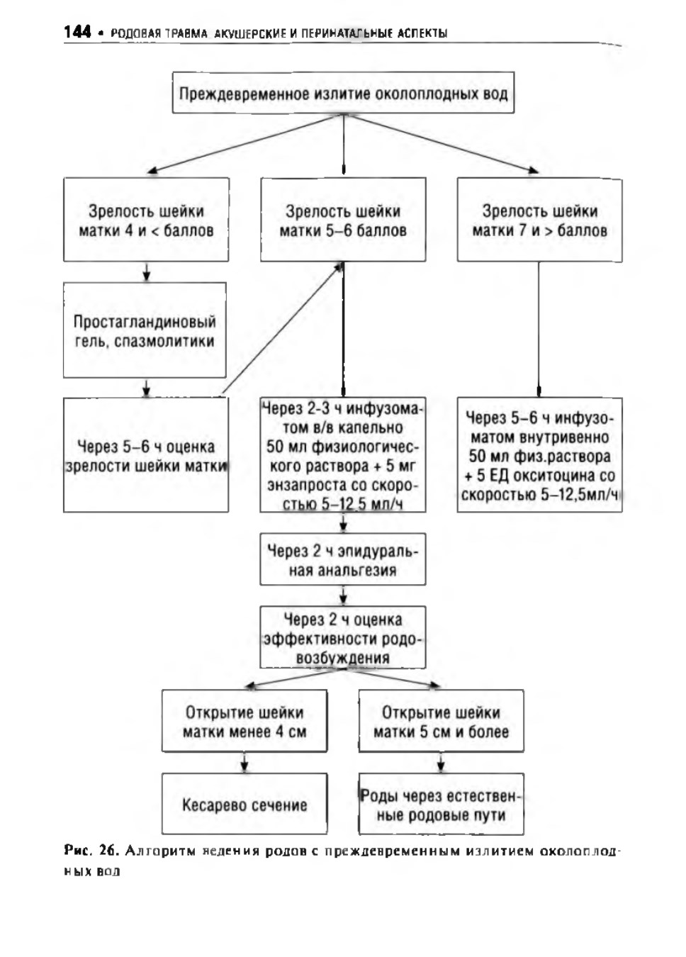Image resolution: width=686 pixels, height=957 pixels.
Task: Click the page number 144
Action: [77, 32]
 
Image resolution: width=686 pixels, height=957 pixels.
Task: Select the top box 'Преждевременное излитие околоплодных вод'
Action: [343, 93]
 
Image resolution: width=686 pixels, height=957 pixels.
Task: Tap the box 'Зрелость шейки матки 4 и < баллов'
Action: [146, 220]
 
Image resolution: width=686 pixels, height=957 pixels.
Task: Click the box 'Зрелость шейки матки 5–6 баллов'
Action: [343, 220]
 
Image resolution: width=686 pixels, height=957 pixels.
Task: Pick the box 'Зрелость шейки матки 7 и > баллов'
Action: [539, 220]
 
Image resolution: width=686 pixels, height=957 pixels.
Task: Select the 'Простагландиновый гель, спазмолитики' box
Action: [145, 330]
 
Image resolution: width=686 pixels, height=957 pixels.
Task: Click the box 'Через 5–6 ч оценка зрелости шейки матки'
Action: [146, 455]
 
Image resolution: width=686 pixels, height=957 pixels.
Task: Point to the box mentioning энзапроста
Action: [343, 455]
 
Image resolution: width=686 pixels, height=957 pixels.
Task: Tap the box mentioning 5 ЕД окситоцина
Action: [539, 455]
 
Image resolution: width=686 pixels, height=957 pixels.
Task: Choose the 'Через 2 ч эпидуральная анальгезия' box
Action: [343, 559]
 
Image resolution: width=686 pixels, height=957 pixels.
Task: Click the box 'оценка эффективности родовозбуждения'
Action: [343, 637]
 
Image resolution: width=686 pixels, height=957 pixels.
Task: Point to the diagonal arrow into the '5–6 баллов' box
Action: [282, 330]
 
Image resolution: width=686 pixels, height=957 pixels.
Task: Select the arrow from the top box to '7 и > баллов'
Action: [441, 144]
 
